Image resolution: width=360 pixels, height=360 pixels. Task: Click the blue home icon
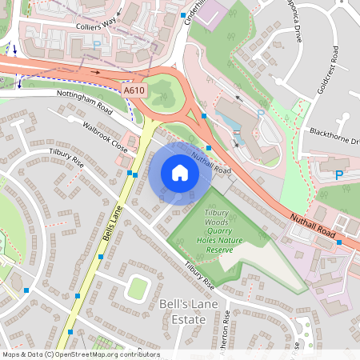(179, 172)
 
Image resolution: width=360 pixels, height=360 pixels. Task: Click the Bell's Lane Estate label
(183, 312)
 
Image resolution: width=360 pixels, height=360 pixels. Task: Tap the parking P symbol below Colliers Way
(97, 46)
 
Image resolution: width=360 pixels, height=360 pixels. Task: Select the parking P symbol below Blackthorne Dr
(338, 174)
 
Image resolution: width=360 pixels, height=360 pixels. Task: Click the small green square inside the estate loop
(138, 287)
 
